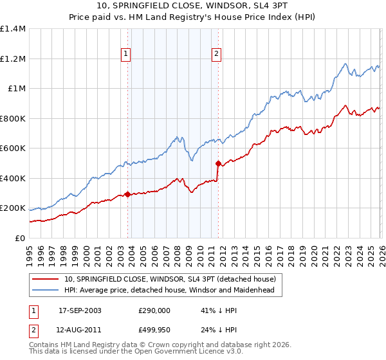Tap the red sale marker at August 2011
point(218,163)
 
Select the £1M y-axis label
point(17,89)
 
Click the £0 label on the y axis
point(21,239)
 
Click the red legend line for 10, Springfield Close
point(46,279)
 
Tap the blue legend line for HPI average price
point(46,290)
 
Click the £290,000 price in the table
point(154,310)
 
